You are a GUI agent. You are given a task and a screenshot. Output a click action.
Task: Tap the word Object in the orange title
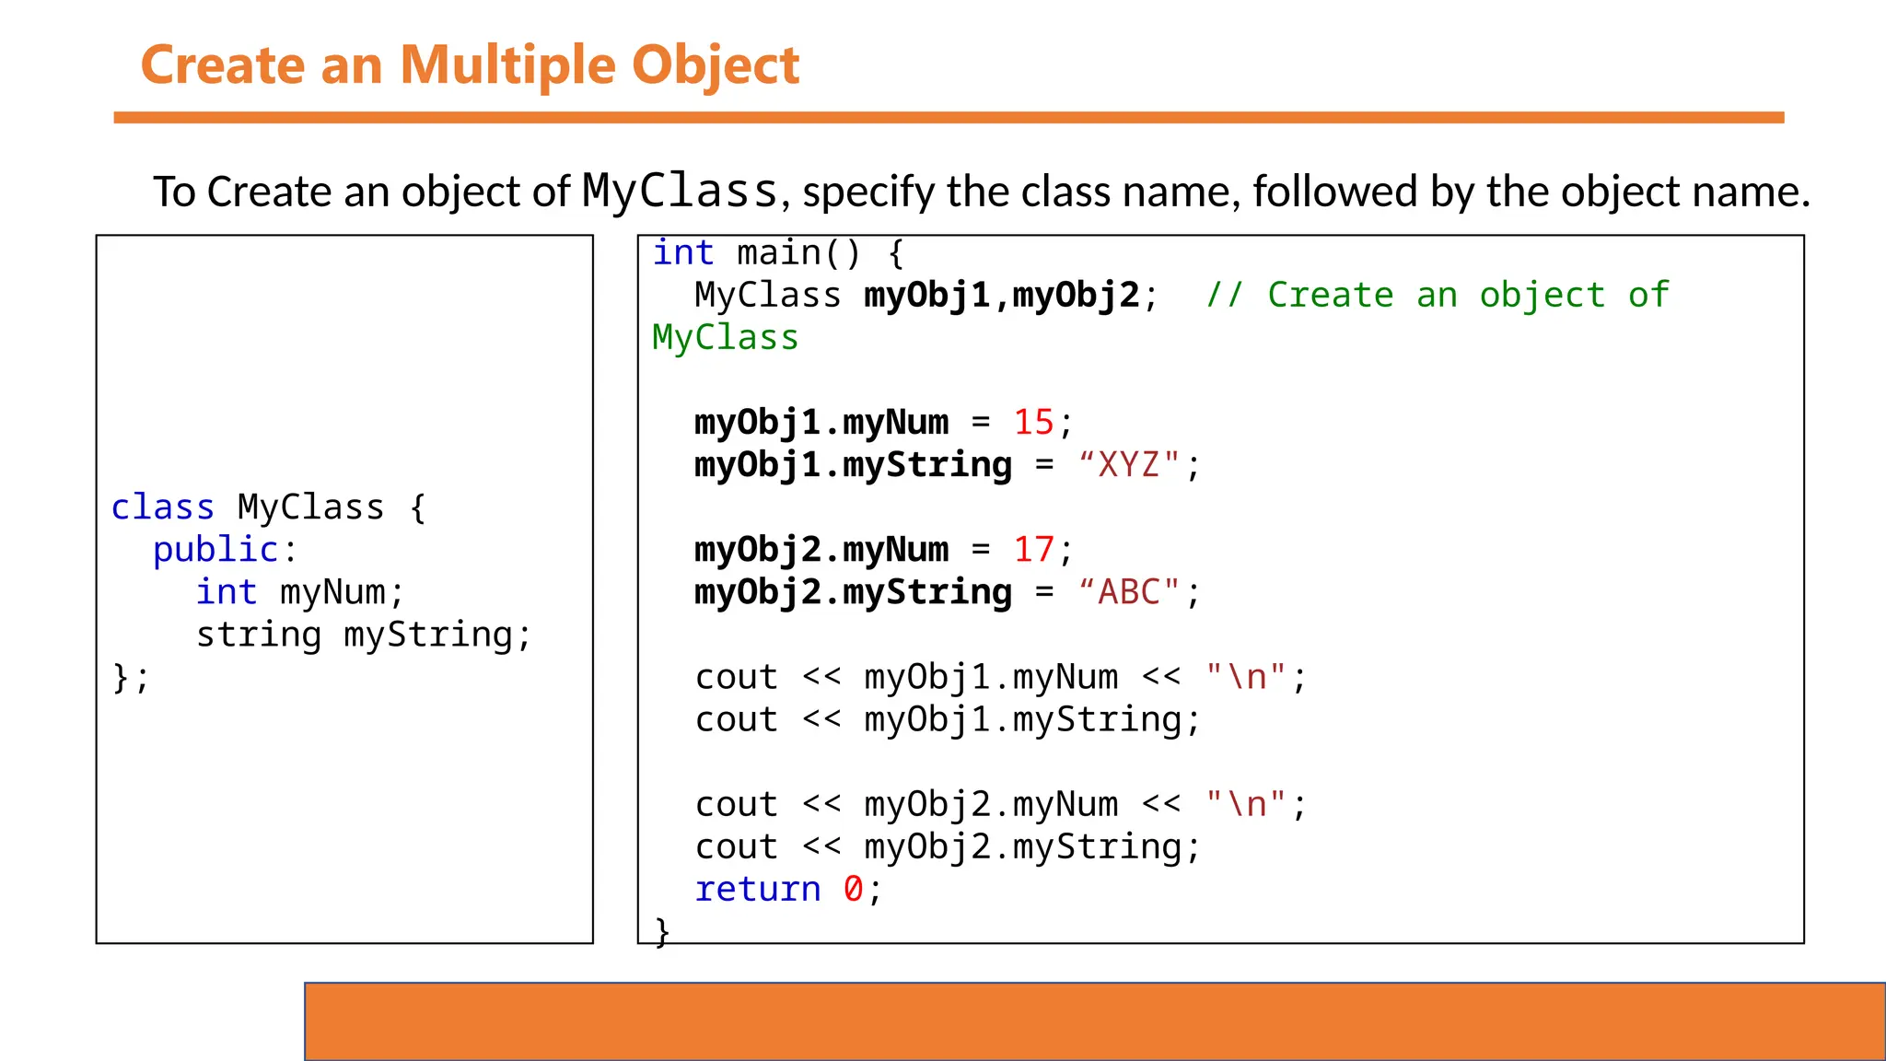tap(716, 66)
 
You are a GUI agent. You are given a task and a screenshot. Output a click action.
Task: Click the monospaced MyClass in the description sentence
tap(681, 192)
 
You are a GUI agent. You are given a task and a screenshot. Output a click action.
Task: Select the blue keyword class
tap(163, 507)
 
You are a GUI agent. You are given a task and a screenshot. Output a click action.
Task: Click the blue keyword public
tap(215, 550)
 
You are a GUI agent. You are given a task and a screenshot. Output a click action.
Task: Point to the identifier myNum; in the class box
tap(342, 592)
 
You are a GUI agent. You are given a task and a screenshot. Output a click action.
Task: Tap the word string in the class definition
tap(259, 635)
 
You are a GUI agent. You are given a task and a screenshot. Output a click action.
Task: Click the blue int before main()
tap(682, 253)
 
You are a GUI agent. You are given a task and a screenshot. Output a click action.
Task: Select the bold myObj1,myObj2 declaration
tap(1002, 296)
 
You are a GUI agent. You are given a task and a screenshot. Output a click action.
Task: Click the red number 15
tap(1033, 423)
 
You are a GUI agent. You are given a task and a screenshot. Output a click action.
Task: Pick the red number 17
tap(1033, 550)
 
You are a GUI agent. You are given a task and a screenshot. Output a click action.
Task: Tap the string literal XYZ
tap(1129, 465)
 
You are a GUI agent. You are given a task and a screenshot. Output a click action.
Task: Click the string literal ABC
tap(1129, 592)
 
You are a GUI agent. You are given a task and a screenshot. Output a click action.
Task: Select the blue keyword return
tap(757, 890)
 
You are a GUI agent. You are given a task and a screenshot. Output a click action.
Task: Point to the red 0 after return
tap(853, 890)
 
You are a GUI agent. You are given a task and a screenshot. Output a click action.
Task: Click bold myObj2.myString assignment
tap(853, 592)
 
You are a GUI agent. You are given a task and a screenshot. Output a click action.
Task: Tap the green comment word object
tap(1542, 296)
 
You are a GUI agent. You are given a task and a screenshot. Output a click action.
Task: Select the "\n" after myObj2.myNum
tap(1246, 805)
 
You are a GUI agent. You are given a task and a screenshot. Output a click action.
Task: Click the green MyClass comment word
tap(725, 338)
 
